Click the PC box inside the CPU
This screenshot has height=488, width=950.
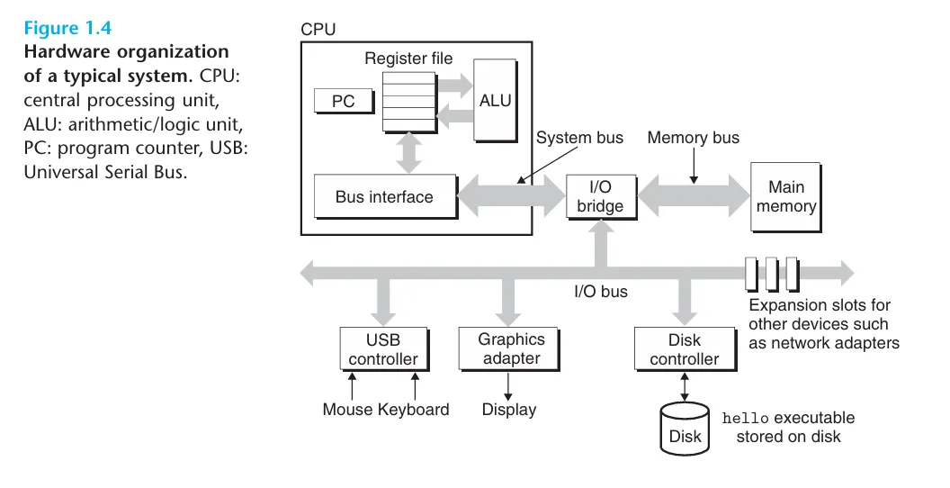(344, 101)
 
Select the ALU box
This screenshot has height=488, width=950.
(495, 101)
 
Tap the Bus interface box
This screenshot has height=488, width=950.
(384, 197)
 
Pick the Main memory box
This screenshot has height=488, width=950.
(786, 197)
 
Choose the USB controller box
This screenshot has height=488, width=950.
(383, 349)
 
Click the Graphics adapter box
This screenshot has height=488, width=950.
(511, 349)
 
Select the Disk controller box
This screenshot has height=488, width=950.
(685, 349)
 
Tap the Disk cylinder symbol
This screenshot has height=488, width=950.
(685, 428)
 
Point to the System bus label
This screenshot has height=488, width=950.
(579, 138)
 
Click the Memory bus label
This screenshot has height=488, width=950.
(693, 138)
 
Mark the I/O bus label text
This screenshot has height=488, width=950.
(601, 291)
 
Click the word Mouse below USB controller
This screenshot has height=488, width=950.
(348, 410)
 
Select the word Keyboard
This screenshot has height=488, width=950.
(413, 410)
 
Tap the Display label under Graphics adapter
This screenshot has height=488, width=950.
(509, 410)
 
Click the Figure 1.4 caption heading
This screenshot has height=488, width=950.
(67, 29)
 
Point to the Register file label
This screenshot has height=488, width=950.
(408, 59)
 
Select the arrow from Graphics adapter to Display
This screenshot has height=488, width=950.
(509, 385)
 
